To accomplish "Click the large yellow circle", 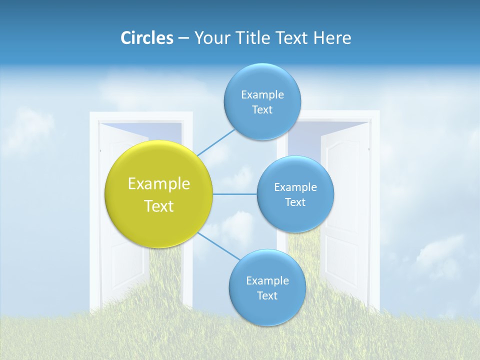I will coord(159,194).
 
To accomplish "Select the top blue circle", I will coord(262,102).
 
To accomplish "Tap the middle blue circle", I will coord(295,194).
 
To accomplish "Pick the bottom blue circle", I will coord(267,288).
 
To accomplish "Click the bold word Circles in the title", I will coord(147,38).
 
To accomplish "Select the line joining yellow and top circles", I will coord(216,142).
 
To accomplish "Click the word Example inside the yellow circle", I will coord(159,183).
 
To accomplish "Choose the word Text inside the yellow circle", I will coord(159,206).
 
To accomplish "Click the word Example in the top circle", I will coord(262,94).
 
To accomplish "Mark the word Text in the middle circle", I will coord(295,202).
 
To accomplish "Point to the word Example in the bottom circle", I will coord(267,280).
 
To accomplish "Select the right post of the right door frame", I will coord(375,210).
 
